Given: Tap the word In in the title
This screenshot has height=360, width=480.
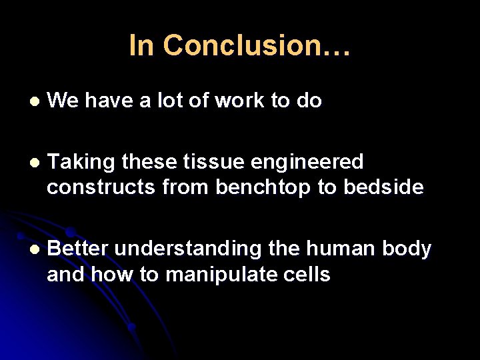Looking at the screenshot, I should (141, 45).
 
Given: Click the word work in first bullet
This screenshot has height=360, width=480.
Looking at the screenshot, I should (239, 101).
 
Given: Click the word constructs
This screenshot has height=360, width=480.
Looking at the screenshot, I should (101, 188).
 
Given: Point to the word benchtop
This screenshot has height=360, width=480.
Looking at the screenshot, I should (263, 189).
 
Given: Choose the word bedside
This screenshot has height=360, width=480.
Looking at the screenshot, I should (383, 188).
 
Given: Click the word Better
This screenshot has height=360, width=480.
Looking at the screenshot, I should (78, 249).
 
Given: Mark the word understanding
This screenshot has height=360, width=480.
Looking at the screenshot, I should (188, 249).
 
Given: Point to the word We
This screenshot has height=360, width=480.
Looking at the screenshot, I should (63, 101).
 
